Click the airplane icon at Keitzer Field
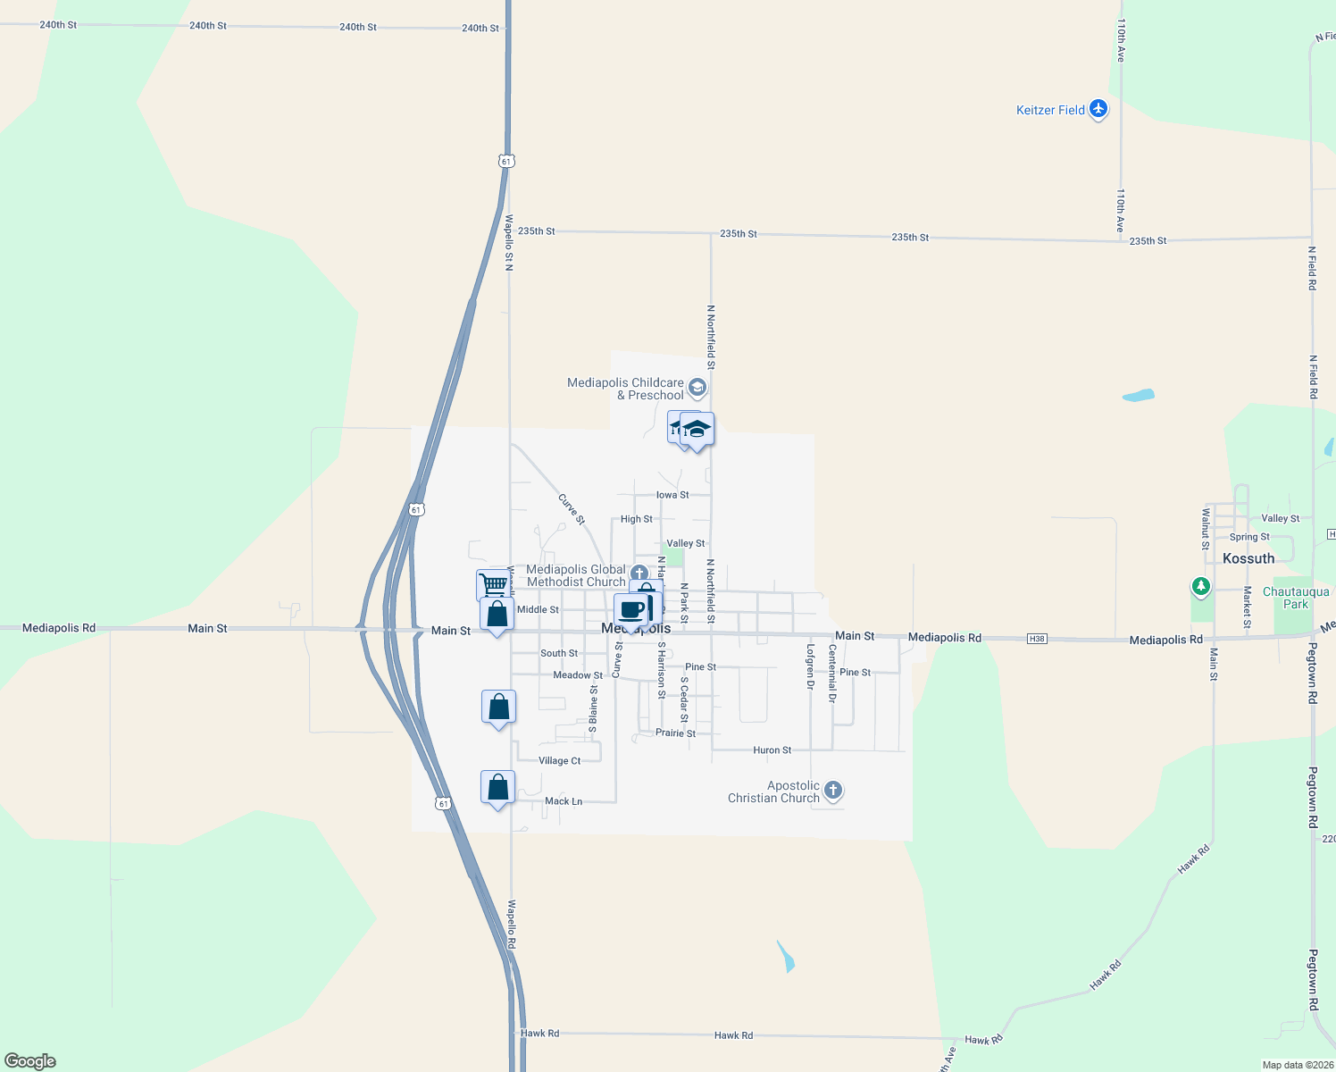(x=1098, y=110)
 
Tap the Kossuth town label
(x=1248, y=558)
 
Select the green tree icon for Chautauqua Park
(x=1201, y=587)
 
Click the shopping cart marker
(x=492, y=585)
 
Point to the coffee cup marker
(x=630, y=611)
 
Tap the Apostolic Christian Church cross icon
(x=833, y=790)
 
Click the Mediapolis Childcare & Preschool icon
(x=698, y=388)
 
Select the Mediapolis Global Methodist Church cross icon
(x=639, y=573)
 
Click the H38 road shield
(x=1037, y=639)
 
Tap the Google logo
(x=30, y=1061)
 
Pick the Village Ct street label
(x=560, y=761)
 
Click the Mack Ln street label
(x=564, y=801)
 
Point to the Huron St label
(x=772, y=750)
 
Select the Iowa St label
(x=672, y=495)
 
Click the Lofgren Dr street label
(x=811, y=666)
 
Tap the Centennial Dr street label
(x=832, y=674)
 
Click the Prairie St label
(x=675, y=733)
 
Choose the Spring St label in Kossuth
(x=1249, y=537)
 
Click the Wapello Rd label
(x=512, y=924)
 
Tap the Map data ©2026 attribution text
(x=1297, y=1065)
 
